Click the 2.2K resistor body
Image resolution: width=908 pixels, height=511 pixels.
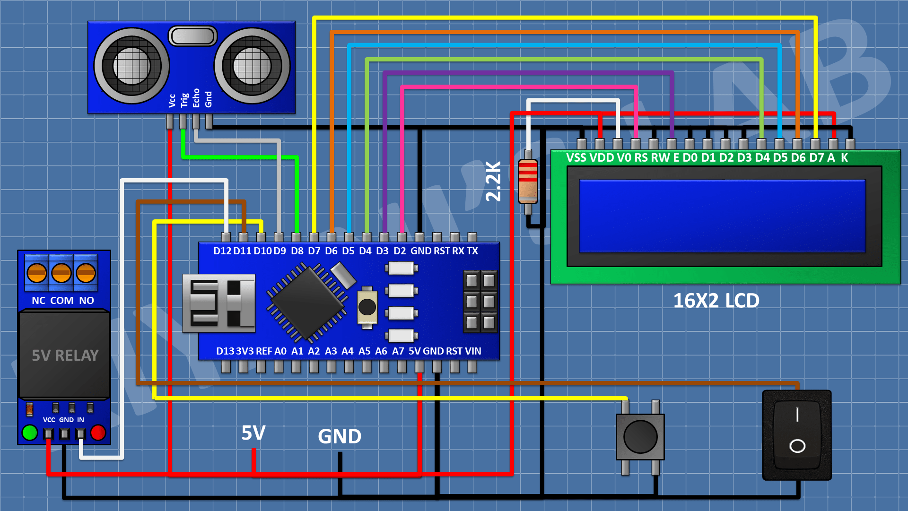(x=528, y=182)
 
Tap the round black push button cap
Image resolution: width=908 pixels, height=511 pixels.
(x=640, y=437)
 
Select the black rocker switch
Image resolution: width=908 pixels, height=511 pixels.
(x=797, y=434)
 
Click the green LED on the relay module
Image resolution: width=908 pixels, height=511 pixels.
(x=30, y=433)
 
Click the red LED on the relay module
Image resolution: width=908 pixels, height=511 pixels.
(x=98, y=433)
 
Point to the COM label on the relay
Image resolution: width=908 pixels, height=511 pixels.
(x=61, y=301)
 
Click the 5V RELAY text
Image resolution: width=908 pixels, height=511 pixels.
(x=65, y=355)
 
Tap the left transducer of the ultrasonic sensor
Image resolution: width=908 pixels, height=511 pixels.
(x=131, y=66)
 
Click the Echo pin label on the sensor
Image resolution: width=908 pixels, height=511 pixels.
(x=196, y=98)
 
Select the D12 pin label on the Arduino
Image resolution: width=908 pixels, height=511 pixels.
(x=222, y=251)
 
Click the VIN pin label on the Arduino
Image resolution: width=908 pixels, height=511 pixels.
(x=473, y=351)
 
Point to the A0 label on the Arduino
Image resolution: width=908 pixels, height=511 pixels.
(x=280, y=351)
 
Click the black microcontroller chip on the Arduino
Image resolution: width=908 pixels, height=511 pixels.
(x=307, y=303)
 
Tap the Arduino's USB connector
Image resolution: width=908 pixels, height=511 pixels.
(x=218, y=303)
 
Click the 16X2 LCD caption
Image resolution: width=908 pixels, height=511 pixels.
(x=716, y=301)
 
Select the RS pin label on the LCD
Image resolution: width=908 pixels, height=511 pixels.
(x=641, y=158)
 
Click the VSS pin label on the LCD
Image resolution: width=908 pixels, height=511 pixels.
(x=576, y=158)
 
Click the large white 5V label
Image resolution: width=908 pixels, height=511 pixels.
(x=253, y=433)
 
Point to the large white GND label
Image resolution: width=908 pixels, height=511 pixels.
(x=340, y=436)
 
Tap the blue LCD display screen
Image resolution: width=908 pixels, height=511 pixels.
(x=722, y=216)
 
